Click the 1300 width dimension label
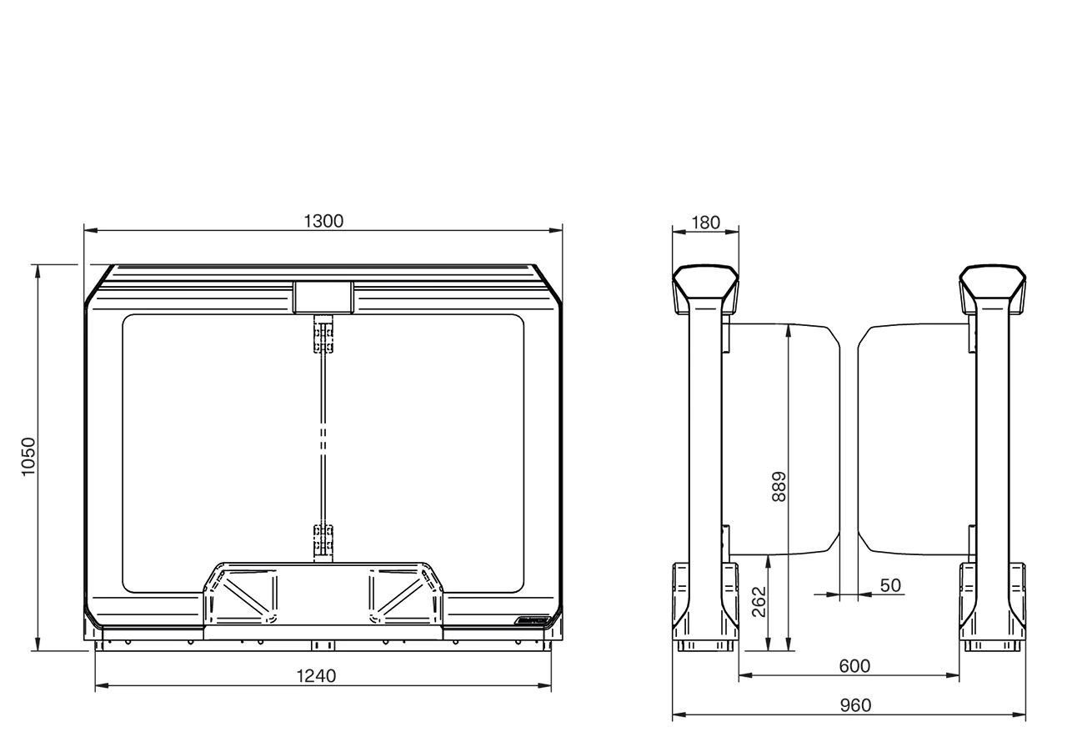pyautogui.click(x=323, y=221)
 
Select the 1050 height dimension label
pyautogui.click(x=28, y=456)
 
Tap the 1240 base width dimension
pyautogui.click(x=316, y=675)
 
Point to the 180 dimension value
pyautogui.click(x=705, y=223)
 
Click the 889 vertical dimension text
pyautogui.click(x=779, y=486)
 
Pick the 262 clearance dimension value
pyautogui.click(x=759, y=601)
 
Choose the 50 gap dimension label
pyautogui.click(x=890, y=585)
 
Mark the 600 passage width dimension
pyautogui.click(x=854, y=666)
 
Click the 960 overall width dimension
pyautogui.click(x=855, y=705)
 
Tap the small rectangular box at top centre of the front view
pyautogui.click(x=323, y=297)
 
